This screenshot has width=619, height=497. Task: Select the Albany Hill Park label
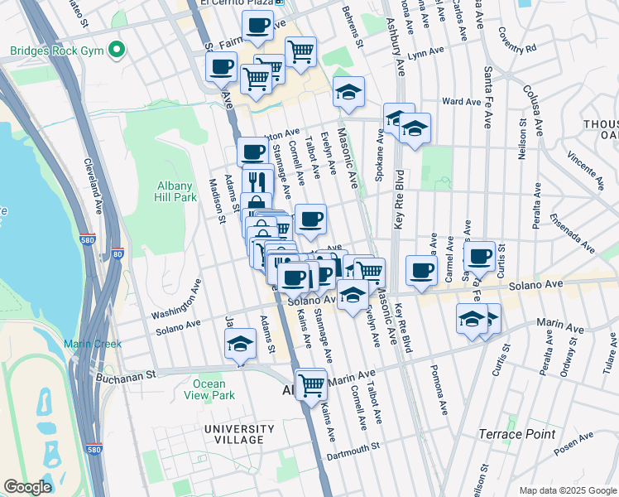click(x=175, y=191)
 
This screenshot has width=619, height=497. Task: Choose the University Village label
click(x=240, y=434)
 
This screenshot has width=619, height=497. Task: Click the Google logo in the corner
click(x=27, y=487)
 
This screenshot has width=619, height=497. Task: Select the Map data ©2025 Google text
click(x=567, y=490)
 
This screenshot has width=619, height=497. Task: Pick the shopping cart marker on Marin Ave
click(x=311, y=383)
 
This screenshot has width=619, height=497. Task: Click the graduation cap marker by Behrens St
click(x=349, y=92)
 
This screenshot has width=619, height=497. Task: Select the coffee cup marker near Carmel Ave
click(x=422, y=270)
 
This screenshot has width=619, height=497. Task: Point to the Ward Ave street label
click(x=461, y=102)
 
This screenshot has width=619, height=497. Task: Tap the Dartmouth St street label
click(x=351, y=446)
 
